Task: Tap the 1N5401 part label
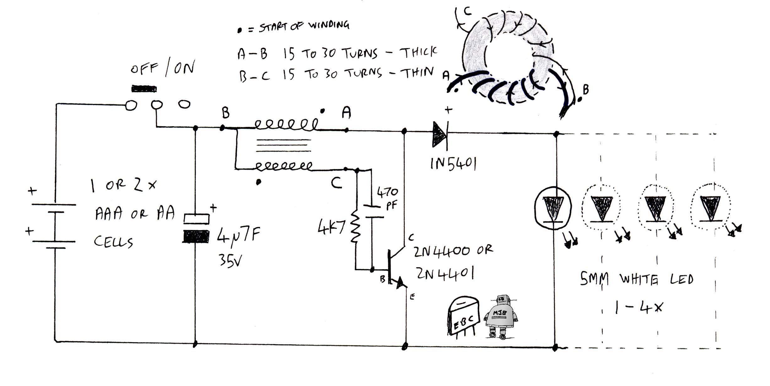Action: (x=453, y=164)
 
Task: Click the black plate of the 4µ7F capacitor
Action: (x=196, y=237)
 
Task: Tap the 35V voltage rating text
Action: (x=230, y=260)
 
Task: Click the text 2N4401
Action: (x=445, y=273)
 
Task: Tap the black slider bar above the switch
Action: (x=144, y=89)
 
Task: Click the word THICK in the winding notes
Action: (x=418, y=52)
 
